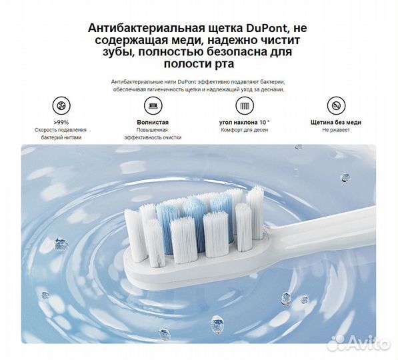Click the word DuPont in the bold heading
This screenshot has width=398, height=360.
click(x=267, y=28)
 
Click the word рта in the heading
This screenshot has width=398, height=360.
click(x=223, y=65)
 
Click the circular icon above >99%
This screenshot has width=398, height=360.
click(x=61, y=105)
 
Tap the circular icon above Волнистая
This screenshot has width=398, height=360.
click(x=153, y=105)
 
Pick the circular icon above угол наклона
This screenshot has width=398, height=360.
click(x=245, y=105)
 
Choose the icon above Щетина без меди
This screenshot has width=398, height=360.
click(x=336, y=105)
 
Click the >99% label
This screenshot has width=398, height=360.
click(x=61, y=123)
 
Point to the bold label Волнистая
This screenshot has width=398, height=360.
click(x=153, y=123)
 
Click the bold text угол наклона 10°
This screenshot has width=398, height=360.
click(x=244, y=123)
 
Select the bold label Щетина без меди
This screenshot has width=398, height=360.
click(x=336, y=123)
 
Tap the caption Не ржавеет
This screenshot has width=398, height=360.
click(x=336, y=130)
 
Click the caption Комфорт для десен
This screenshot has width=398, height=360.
click(x=244, y=130)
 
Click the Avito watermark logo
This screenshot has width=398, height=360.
click(x=359, y=343)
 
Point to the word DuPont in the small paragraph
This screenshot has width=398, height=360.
click(x=187, y=82)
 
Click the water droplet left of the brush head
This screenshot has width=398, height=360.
click(x=61, y=244)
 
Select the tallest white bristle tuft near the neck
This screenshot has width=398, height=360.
click(x=255, y=212)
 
